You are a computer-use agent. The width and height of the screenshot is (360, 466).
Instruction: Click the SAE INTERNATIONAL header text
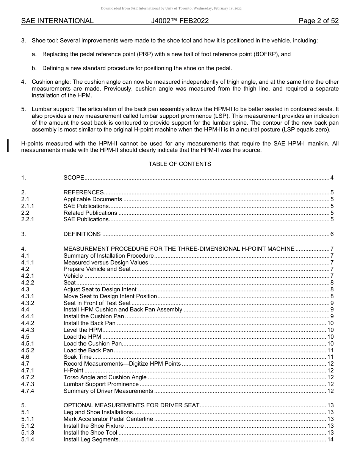(57, 21)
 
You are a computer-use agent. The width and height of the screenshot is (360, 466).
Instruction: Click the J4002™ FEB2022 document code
(180, 21)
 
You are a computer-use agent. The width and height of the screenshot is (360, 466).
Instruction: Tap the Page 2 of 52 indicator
(318, 21)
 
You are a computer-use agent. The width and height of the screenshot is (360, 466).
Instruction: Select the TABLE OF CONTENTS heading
(180, 164)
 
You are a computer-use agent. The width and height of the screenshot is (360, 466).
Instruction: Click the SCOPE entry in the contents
(74, 178)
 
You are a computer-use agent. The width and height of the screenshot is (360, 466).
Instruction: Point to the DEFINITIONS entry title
(82, 234)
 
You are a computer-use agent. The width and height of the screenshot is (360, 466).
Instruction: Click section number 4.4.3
(28, 330)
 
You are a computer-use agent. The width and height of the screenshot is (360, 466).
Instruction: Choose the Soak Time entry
(77, 357)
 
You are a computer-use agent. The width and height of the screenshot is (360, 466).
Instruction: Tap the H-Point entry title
(73, 371)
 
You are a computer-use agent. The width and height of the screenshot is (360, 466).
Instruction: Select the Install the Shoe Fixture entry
(94, 426)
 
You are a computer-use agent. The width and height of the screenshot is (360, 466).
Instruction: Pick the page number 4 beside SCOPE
(332, 178)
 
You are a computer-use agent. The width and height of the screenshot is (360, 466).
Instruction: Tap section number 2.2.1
(28, 219)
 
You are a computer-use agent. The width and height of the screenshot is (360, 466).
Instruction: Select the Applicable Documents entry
(93, 199)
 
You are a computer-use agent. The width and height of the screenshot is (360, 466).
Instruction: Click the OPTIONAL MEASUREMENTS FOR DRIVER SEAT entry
(131, 405)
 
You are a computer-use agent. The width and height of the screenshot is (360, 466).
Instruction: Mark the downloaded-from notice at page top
(171, 8)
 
